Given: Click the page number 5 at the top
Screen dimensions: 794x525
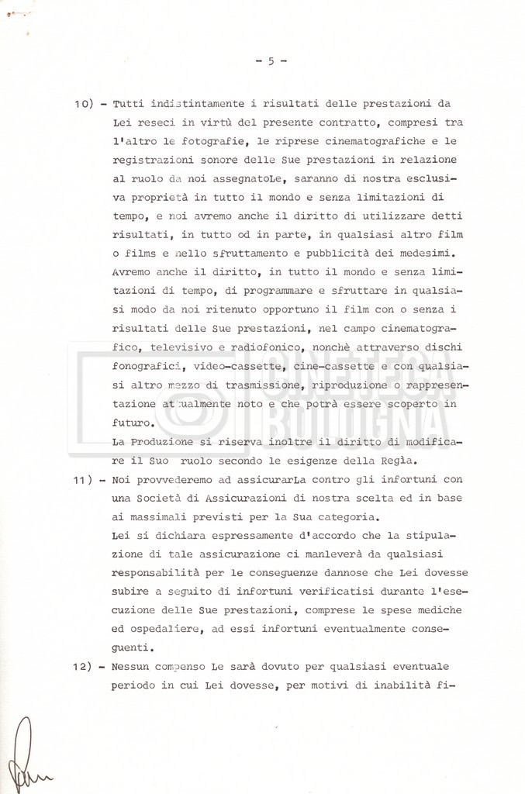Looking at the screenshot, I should click(x=271, y=62).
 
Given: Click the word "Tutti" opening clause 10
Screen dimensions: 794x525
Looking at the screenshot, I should click(x=128, y=104).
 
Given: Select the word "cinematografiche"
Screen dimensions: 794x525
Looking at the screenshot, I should click(x=353, y=141).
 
